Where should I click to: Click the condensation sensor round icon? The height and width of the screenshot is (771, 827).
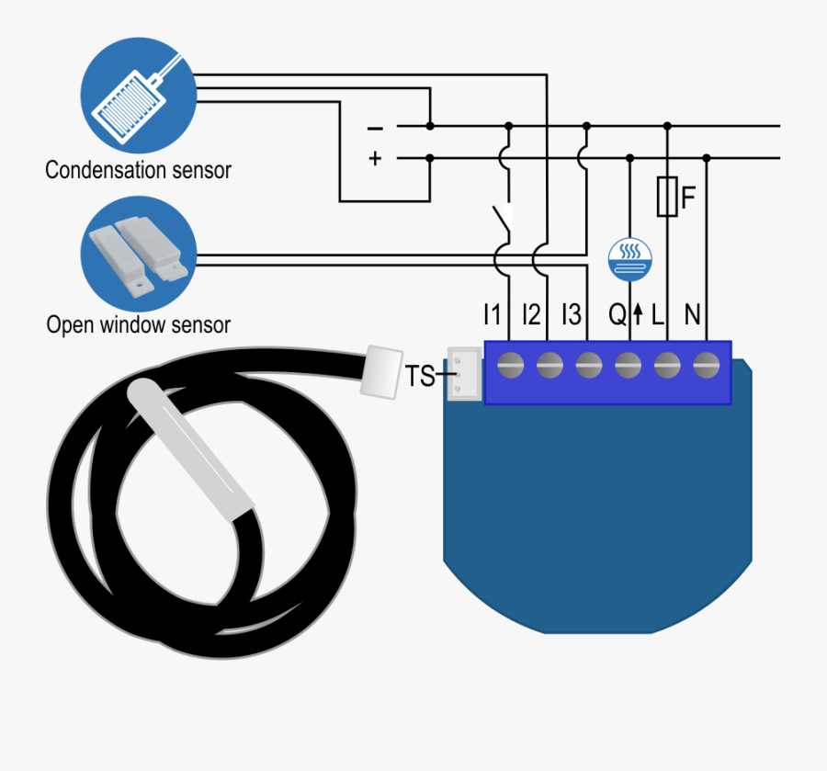pyautogui.click(x=138, y=96)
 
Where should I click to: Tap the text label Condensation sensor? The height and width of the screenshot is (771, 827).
pyautogui.click(x=138, y=170)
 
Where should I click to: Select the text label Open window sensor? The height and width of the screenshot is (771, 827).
pyautogui.click(x=138, y=324)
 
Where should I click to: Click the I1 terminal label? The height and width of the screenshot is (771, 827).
pyautogui.click(x=493, y=315)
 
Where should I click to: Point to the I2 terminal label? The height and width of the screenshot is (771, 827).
pyautogui.click(x=531, y=315)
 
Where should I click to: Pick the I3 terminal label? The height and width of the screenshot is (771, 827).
pyautogui.click(x=572, y=315)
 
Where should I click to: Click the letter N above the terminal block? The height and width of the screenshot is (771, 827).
pyautogui.click(x=692, y=315)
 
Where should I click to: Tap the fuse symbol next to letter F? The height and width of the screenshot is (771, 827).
pyautogui.click(x=667, y=198)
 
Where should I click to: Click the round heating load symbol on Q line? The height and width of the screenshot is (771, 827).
pyautogui.click(x=629, y=260)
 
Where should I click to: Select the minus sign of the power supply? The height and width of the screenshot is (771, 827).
pyautogui.click(x=375, y=128)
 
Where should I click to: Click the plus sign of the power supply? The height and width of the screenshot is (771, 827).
pyautogui.click(x=375, y=158)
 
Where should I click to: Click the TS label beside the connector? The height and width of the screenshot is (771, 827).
pyautogui.click(x=420, y=376)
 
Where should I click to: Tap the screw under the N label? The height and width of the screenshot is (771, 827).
pyautogui.click(x=706, y=365)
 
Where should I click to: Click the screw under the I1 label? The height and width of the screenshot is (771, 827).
pyautogui.click(x=510, y=365)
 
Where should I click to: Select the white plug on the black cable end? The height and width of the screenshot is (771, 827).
pyautogui.click(x=381, y=370)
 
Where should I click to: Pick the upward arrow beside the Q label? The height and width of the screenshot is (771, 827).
pyautogui.click(x=638, y=316)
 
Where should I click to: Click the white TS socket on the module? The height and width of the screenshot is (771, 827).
pyautogui.click(x=463, y=373)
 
